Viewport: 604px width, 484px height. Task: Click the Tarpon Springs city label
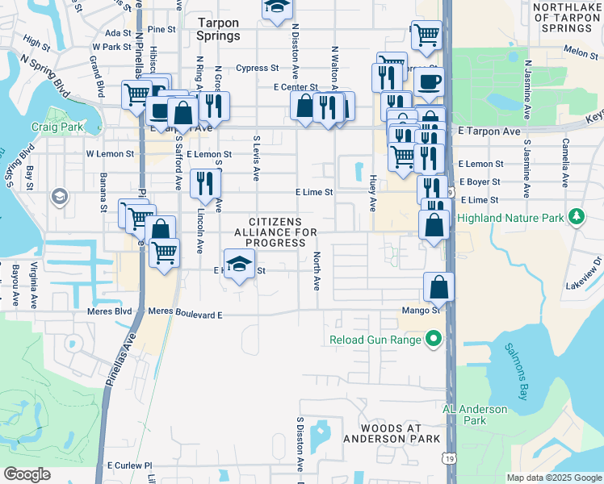[x=218, y=30]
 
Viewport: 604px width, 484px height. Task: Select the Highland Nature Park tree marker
[x=577, y=218]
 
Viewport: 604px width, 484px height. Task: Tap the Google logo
[x=27, y=474]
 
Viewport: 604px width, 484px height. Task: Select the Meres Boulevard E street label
[x=186, y=311]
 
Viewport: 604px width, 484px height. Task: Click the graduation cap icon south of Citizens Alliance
[x=238, y=264]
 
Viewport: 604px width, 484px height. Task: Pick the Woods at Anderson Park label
[x=392, y=432]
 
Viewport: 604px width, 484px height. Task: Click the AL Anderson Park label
[x=475, y=415]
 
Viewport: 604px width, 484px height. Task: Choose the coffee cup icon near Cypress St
[x=429, y=81]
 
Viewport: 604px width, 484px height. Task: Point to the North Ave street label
[x=317, y=271]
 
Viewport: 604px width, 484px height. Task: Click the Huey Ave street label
[x=373, y=193]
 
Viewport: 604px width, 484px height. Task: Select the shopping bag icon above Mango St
[x=438, y=286]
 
